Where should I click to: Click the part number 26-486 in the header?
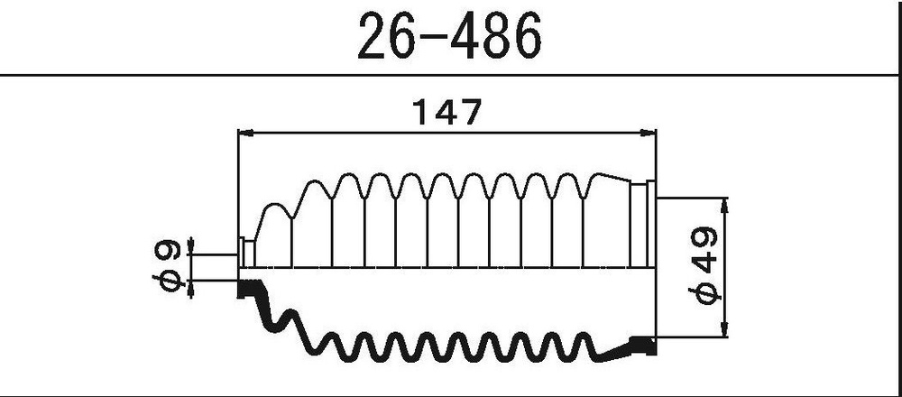click(450, 37)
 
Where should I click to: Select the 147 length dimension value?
click(447, 112)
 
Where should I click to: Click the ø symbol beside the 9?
click(170, 279)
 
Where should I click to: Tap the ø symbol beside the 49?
click(704, 294)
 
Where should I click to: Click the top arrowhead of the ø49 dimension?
click(727, 204)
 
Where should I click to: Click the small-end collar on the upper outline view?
click(245, 253)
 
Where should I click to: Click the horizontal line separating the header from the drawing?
click(451, 75)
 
